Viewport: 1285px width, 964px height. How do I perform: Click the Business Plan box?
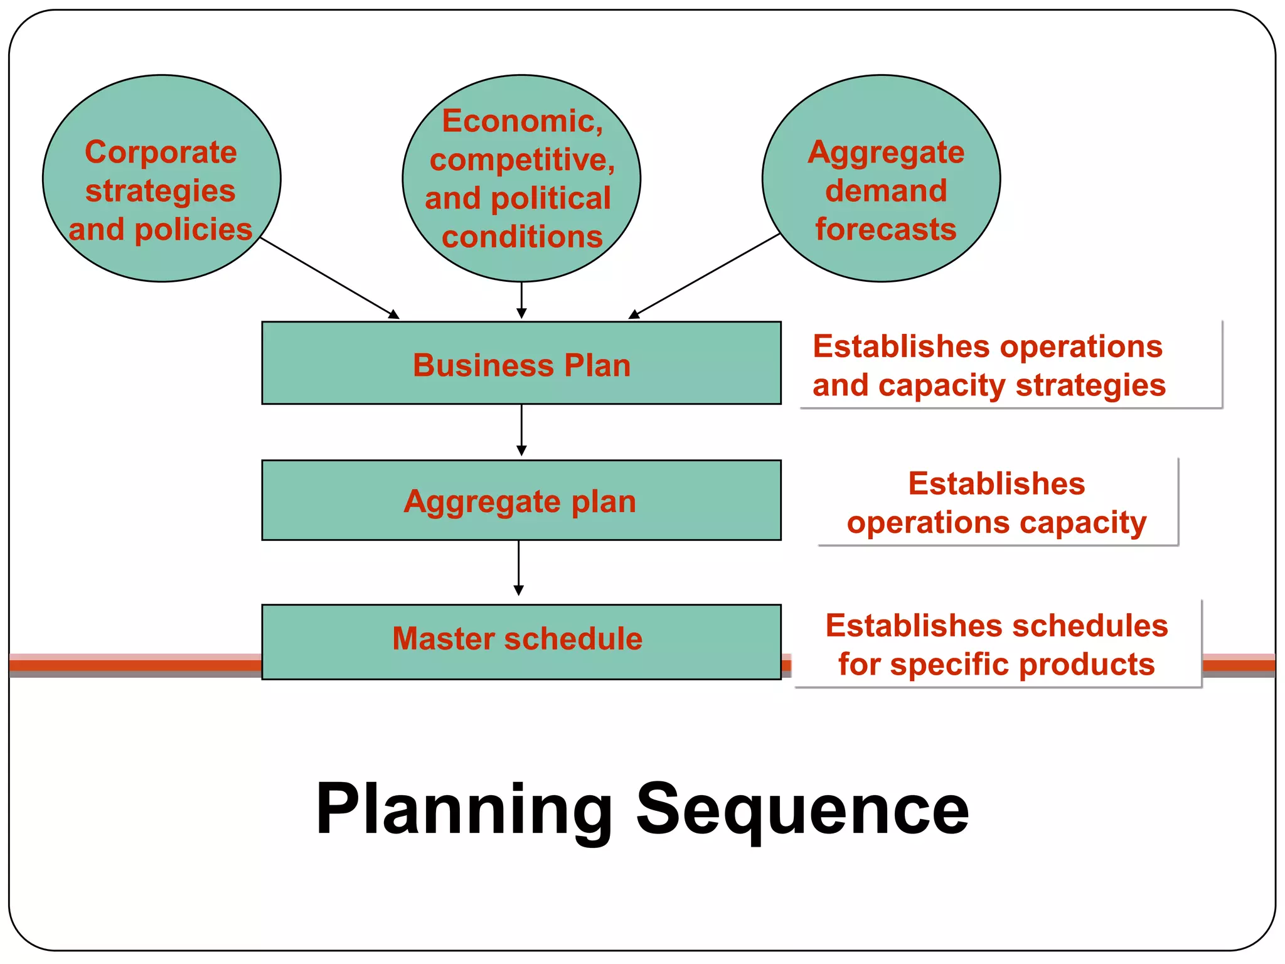521,363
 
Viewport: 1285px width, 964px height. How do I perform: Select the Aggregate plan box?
521,500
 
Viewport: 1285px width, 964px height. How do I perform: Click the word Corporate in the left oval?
161,153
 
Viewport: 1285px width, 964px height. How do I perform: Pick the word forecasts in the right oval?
885,229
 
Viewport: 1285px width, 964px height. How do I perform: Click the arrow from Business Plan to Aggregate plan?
521,430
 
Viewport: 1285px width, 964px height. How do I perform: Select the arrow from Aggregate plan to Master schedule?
519,568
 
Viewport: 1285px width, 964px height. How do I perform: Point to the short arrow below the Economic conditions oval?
521,300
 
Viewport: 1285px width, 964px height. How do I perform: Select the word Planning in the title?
464,810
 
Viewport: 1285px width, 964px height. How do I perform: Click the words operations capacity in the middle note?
996,523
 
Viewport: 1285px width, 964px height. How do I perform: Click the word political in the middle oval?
550,199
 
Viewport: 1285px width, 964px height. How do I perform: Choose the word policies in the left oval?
193,230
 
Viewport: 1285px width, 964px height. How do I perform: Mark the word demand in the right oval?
885,191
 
